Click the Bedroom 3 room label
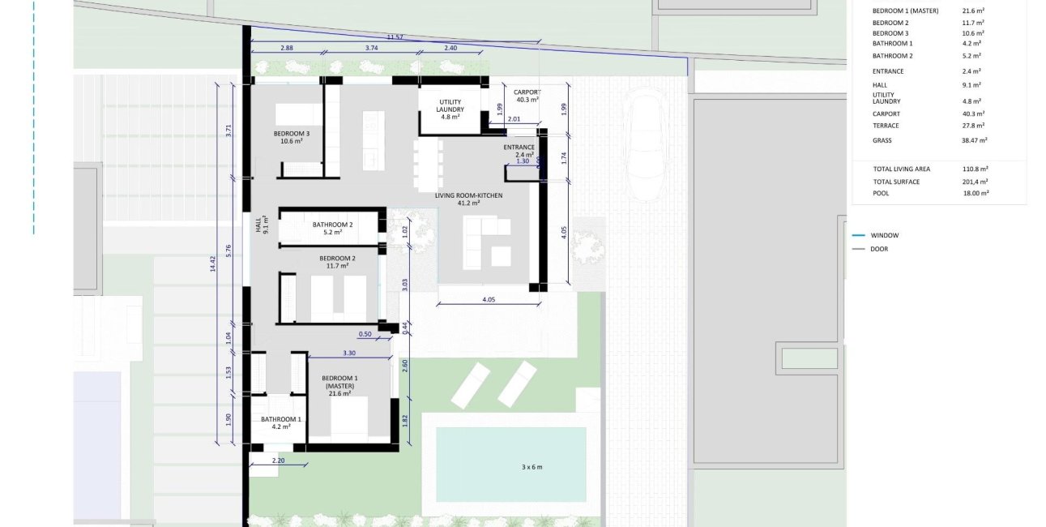click(x=291, y=137)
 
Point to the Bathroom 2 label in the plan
click(x=332, y=228)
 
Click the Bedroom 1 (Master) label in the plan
click(x=339, y=386)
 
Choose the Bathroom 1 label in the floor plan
click(x=280, y=422)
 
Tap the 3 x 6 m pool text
click(x=532, y=467)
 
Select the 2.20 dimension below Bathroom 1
click(x=278, y=461)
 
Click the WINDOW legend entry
click(x=884, y=235)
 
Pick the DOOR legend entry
click(x=879, y=249)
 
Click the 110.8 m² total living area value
click(x=973, y=169)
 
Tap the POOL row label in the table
click(x=881, y=194)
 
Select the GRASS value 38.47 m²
click(x=975, y=140)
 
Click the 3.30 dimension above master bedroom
click(x=349, y=353)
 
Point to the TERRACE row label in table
click(x=886, y=126)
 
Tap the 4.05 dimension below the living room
click(x=488, y=299)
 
